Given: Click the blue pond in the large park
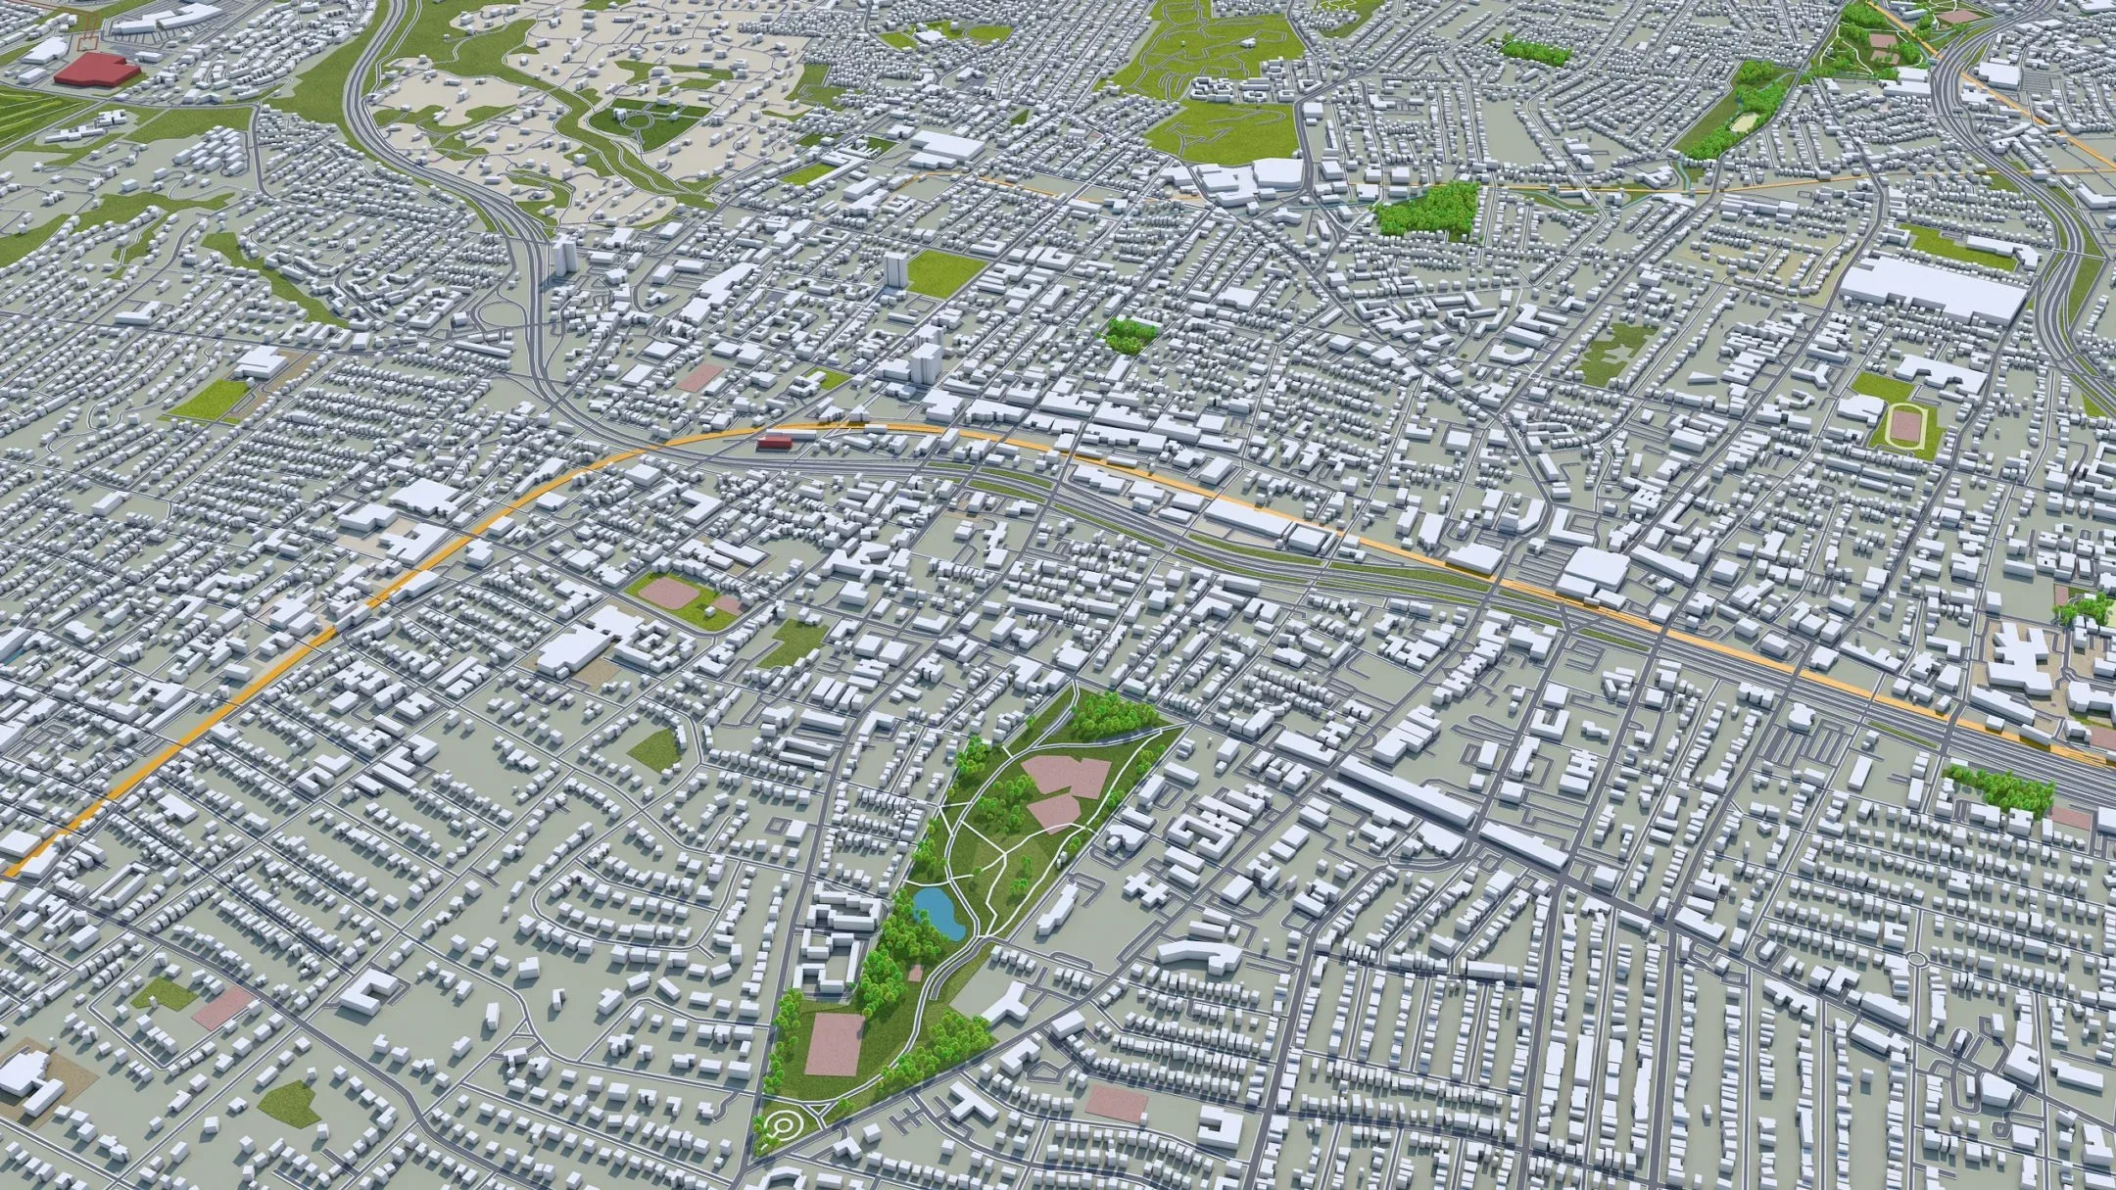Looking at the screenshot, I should click(937, 911).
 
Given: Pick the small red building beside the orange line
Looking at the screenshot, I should click(774, 444).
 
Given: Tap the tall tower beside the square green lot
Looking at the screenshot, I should click(894, 269).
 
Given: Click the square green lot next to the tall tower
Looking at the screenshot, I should click(944, 271).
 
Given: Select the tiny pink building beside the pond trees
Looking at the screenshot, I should click(914, 973).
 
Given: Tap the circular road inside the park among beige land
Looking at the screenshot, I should click(638, 121).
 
